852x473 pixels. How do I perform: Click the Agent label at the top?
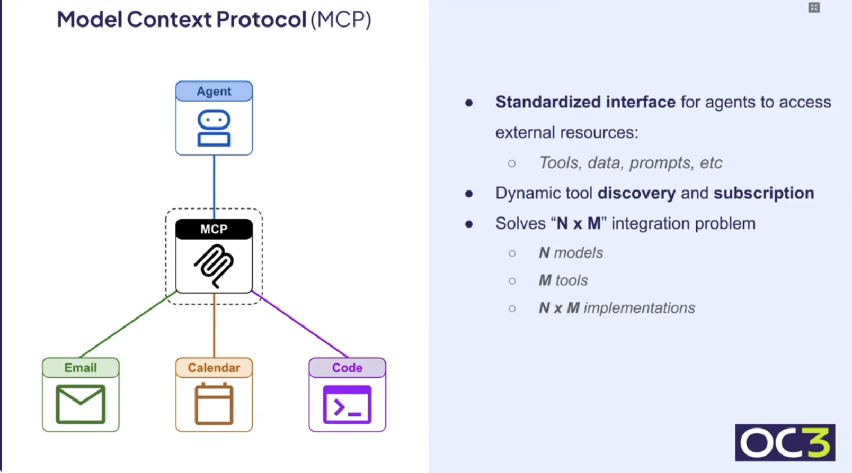214,91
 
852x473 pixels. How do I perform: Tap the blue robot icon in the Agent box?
214,128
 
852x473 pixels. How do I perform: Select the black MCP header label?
214,229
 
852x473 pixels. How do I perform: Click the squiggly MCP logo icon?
214,265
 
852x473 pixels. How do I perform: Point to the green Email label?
81,368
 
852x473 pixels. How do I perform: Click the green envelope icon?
81,404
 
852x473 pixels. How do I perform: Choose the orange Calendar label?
214,368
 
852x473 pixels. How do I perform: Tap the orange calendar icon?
214,404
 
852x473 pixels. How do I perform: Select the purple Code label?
347,368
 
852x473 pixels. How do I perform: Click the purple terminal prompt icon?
347,405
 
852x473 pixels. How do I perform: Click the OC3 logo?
785,442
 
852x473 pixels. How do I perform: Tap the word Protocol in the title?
261,20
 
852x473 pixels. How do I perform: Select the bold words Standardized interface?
585,102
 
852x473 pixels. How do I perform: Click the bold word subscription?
764,193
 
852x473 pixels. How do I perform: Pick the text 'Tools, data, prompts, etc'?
630,163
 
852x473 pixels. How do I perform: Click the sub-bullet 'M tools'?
563,280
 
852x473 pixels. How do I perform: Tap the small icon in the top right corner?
814,7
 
